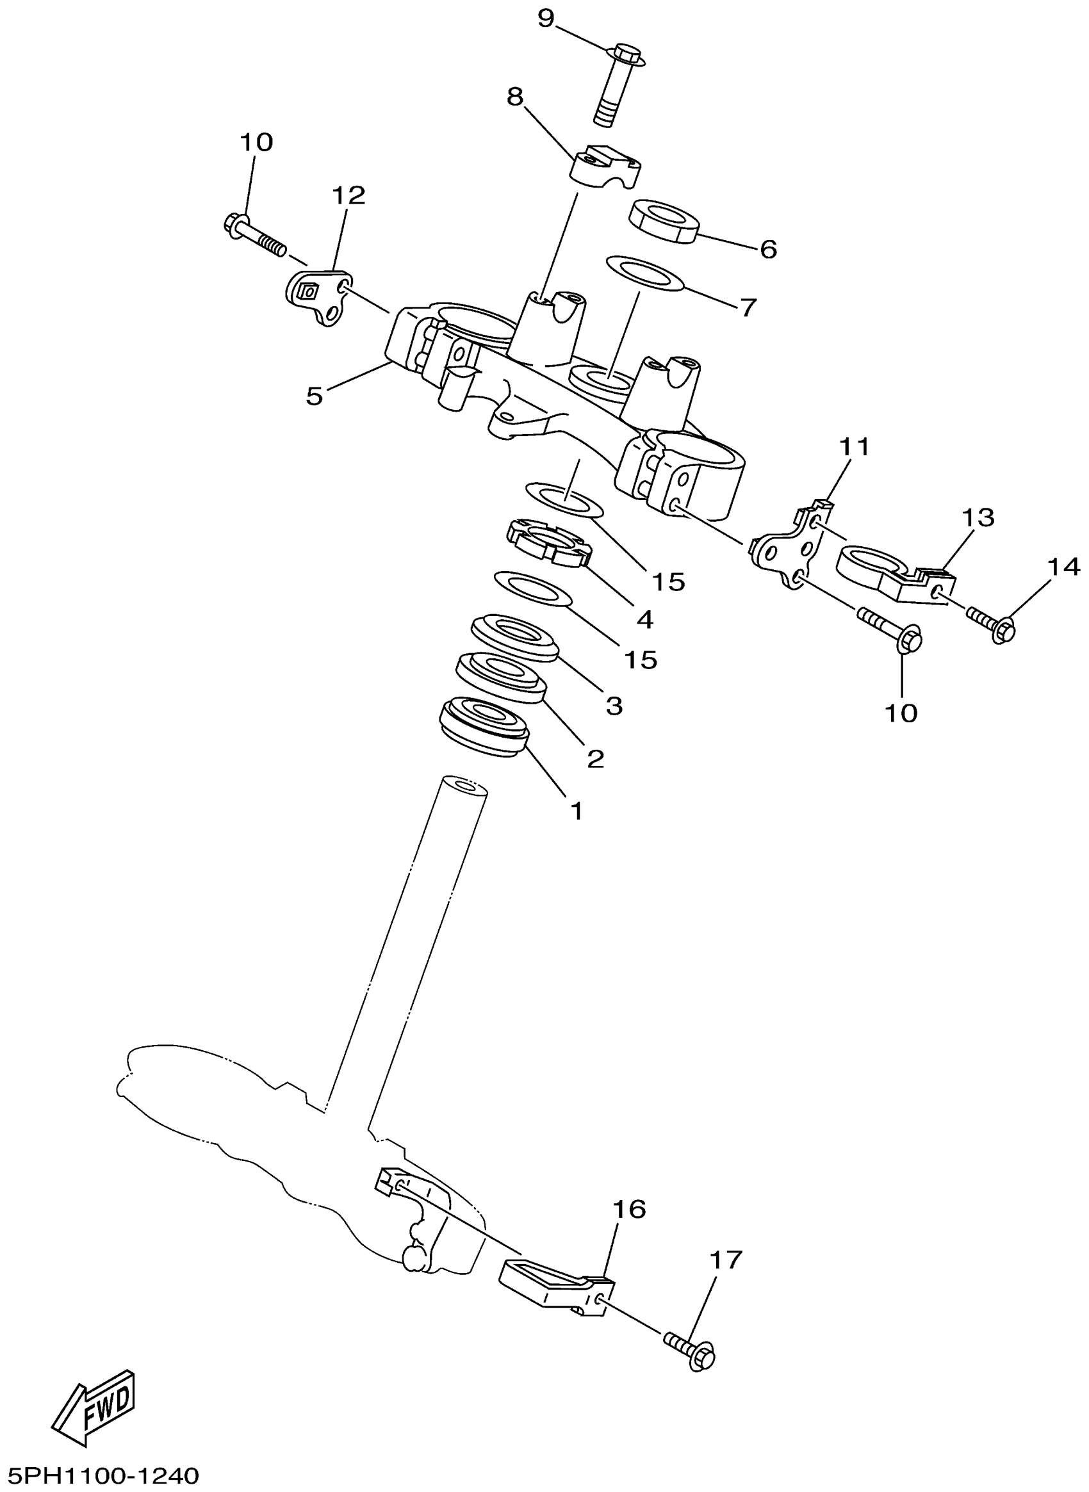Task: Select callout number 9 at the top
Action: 546,19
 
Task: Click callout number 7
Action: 747,307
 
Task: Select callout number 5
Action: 315,396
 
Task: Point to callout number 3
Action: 614,706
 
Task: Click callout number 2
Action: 595,759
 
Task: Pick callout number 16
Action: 629,1209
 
